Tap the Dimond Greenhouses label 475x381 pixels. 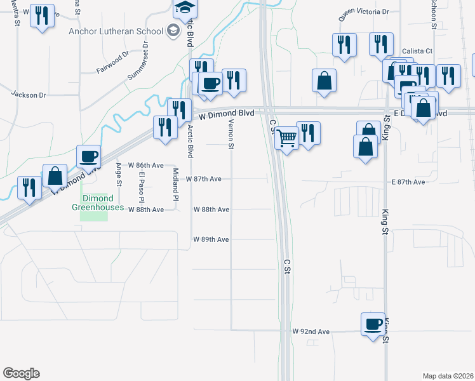(x=93, y=203)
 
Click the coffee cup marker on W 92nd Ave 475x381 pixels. (x=373, y=324)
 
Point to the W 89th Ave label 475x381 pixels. (x=211, y=239)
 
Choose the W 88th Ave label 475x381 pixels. (x=211, y=209)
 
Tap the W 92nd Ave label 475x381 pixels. (x=311, y=331)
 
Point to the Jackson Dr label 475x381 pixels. (x=29, y=95)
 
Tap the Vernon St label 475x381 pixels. (x=231, y=135)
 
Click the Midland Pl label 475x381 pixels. (x=176, y=183)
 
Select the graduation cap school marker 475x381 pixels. (x=185, y=8)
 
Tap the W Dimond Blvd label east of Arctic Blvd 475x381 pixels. (x=226, y=113)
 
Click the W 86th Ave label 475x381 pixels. (x=145, y=164)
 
